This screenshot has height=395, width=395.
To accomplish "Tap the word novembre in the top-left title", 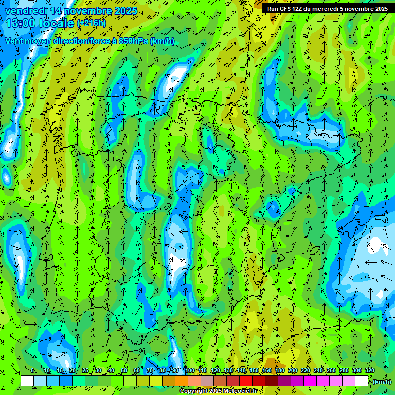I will click(x=84, y=11).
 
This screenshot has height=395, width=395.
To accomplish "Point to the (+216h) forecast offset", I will click(x=92, y=23).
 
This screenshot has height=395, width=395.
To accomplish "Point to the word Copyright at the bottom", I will click(x=194, y=391).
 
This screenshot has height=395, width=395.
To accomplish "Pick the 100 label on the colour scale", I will click(x=190, y=370).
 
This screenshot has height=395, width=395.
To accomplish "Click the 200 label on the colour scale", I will click(x=293, y=370).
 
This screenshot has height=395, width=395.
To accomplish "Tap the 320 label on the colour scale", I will click(x=370, y=370).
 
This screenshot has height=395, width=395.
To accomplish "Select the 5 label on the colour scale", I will click(x=33, y=370).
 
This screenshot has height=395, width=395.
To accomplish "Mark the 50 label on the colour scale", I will click(x=124, y=370).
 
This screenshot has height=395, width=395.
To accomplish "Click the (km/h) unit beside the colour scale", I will click(x=382, y=382).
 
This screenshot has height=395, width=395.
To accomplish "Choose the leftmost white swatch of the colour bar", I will click(x=27, y=381).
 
